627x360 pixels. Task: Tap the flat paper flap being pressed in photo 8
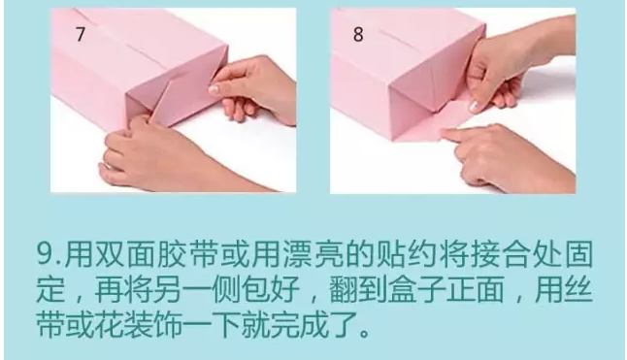click(x=437, y=126)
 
